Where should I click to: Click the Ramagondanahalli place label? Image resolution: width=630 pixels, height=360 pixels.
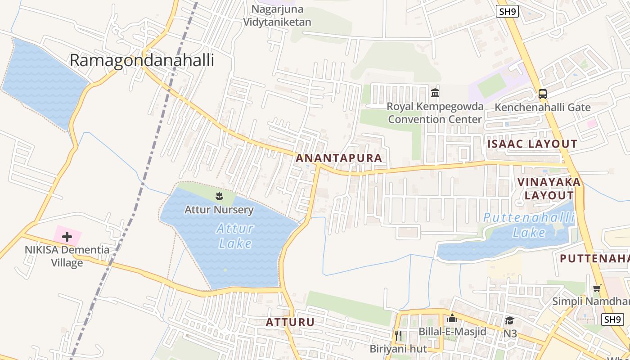142,60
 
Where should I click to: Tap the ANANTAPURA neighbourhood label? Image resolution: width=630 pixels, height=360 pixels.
339,158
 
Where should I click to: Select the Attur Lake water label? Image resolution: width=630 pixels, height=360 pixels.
234,235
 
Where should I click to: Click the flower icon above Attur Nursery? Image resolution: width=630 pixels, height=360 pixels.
219,196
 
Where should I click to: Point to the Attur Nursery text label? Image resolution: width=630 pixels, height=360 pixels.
219,210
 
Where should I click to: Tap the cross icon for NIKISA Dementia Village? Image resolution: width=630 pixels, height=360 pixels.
67,236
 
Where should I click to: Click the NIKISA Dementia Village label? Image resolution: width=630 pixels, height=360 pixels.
67,256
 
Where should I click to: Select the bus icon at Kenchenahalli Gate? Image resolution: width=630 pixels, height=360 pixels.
543,94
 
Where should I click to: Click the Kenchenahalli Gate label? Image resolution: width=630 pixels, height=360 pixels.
542,108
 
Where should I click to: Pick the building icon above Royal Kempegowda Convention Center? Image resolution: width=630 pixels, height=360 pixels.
435,93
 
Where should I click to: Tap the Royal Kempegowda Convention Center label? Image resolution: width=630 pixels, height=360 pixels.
435,113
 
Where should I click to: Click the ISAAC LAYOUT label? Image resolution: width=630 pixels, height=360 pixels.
532,144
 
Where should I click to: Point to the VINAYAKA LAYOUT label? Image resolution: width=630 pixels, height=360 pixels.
549,189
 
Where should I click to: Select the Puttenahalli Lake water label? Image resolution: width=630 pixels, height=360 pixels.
529,225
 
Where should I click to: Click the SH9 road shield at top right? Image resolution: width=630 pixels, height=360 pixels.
508,12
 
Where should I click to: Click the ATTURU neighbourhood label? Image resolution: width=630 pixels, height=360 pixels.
290,322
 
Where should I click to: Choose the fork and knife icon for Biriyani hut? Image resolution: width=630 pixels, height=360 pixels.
398,335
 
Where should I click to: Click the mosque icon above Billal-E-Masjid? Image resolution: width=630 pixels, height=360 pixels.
452,319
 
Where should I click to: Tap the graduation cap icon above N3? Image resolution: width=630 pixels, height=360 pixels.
509,320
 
